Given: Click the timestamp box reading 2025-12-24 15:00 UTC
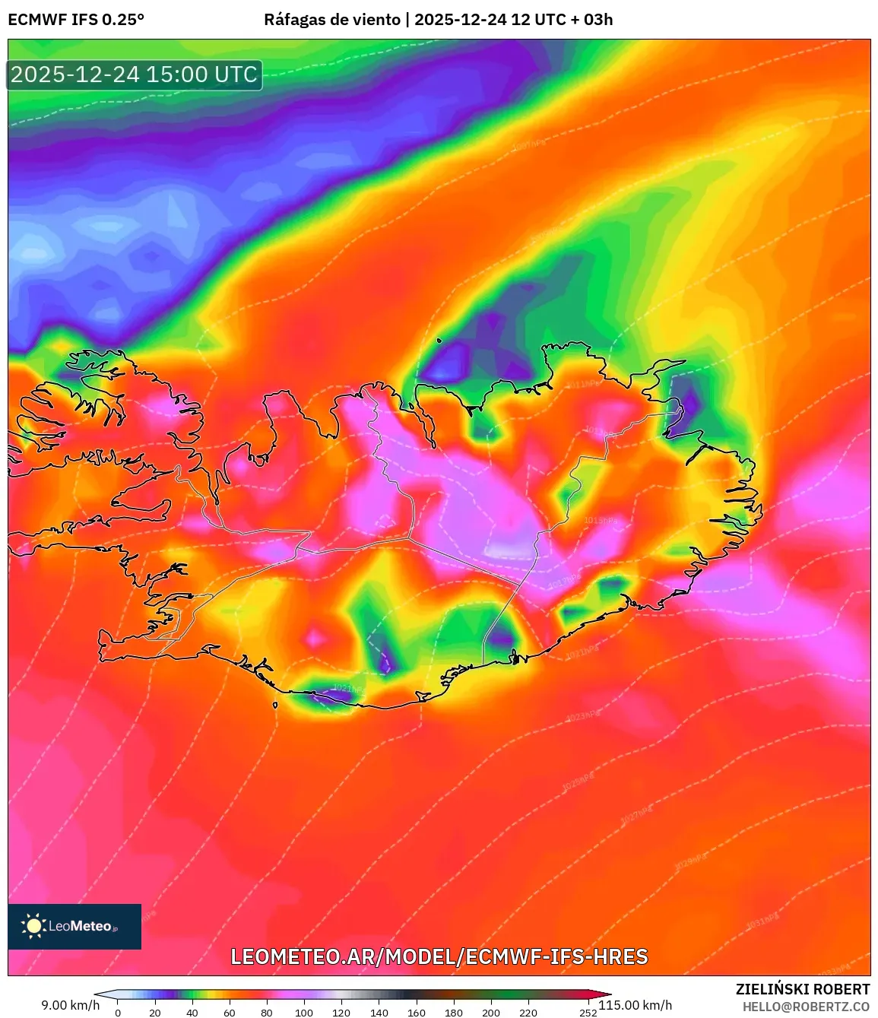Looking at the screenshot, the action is (x=135, y=75).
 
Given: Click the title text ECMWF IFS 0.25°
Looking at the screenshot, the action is (x=76, y=20).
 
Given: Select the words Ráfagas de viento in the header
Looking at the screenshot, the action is (x=331, y=20).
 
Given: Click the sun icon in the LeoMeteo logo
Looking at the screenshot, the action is (x=34, y=926).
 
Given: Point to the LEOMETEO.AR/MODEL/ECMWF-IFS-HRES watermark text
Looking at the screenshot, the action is (x=439, y=956).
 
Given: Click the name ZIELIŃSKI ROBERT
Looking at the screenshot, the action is (x=803, y=989).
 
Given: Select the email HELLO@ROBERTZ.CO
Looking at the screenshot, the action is (x=806, y=1007).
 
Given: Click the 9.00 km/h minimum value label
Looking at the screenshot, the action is (x=70, y=1005).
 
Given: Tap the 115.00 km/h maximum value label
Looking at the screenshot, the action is (x=636, y=1005).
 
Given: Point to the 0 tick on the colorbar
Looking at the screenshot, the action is (x=118, y=1013).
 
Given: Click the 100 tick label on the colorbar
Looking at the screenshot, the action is (x=304, y=1013).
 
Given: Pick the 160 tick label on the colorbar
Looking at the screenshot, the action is (x=416, y=1013).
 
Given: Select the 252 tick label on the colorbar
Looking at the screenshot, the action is (x=588, y=1013).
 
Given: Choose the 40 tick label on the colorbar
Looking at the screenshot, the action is (x=192, y=1013).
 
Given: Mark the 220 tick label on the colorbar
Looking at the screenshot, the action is (x=528, y=1013).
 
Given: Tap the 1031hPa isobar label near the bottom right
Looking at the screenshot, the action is (x=762, y=922).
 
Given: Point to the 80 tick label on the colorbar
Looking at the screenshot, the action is (x=267, y=1013).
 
